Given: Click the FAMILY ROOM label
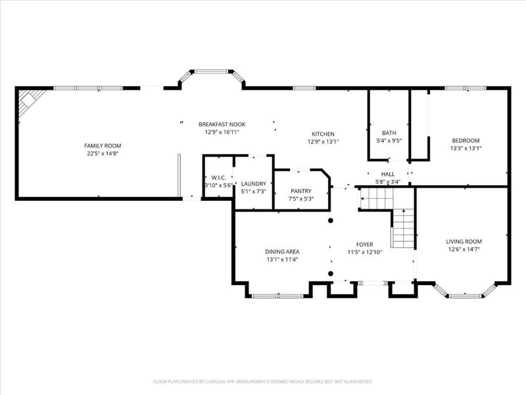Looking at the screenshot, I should [102, 145].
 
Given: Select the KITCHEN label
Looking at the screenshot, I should [323, 134].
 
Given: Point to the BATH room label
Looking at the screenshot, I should [389, 132].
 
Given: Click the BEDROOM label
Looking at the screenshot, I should [465, 140].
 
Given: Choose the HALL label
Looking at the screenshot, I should [388, 174].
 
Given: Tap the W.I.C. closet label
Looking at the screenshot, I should [218, 178].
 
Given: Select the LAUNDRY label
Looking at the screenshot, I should [253, 184].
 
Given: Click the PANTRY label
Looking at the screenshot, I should [300, 190].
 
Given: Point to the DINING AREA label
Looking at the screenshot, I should [283, 251].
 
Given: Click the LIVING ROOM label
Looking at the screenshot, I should [464, 241].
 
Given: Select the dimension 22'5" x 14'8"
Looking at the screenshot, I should [102, 153].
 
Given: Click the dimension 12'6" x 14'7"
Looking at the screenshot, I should [464, 249].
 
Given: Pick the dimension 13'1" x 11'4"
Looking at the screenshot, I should [283, 259].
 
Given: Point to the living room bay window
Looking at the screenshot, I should [464, 292].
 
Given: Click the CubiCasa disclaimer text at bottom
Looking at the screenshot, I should [262, 381].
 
